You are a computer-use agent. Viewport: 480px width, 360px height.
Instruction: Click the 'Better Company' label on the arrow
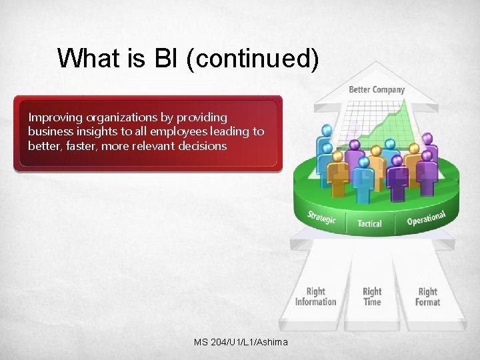377,89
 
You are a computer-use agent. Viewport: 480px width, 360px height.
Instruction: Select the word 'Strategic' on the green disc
321,217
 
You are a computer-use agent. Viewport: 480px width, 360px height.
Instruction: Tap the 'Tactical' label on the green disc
369,223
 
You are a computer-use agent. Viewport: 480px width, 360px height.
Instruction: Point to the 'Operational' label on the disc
425,218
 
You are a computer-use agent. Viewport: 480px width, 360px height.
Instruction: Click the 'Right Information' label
316,297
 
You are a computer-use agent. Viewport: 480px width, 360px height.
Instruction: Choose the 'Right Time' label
372,297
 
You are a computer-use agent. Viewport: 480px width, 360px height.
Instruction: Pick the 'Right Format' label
427,297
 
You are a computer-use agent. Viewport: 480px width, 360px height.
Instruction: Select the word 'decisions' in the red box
203,145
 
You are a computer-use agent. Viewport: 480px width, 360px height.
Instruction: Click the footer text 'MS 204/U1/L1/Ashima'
241,342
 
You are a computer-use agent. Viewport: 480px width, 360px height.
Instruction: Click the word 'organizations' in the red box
119,117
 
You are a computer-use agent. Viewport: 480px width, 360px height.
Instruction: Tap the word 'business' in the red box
49,131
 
